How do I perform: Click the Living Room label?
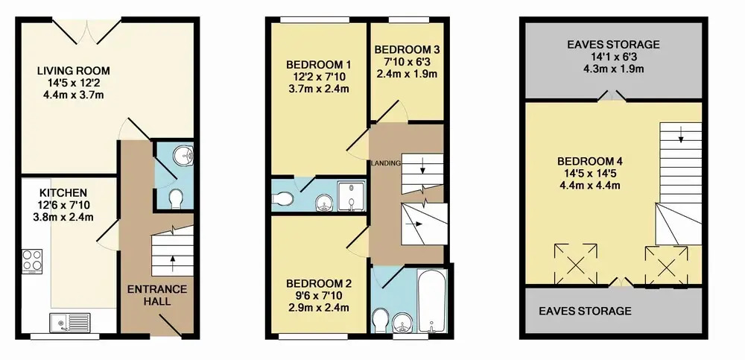[x=74, y=71]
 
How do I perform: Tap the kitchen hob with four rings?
[x=32, y=261]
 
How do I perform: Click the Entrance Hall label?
[x=156, y=295]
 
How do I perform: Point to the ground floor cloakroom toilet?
[x=175, y=199]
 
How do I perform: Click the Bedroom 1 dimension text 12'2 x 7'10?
[x=318, y=77]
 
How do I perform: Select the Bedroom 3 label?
[x=407, y=50]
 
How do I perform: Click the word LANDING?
[x=386, y=163]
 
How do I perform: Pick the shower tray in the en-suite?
[x=352, y=195]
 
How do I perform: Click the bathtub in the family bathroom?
[x=431, y=301]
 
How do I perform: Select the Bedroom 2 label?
[x=319, y=284]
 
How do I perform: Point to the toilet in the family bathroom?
[x=380, y=321]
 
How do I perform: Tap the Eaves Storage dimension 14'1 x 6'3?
[x=613, y=57]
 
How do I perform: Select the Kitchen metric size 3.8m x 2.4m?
[x=63, y=218]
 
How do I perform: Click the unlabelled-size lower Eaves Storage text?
[x=585, y=311]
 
